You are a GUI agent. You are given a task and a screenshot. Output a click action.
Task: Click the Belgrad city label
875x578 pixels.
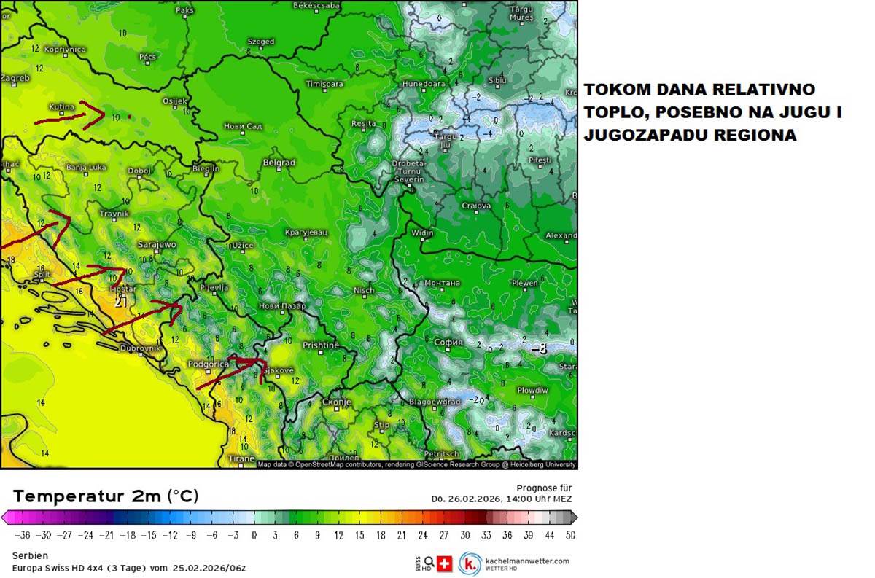click(x=279, y=163)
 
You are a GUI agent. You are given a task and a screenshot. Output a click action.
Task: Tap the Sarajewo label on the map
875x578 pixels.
click(x=157, y=245)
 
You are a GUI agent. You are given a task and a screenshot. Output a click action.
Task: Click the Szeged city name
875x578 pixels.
click(x=260, y=42)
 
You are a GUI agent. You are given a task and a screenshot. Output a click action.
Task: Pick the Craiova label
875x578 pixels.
click(x=476, y=206)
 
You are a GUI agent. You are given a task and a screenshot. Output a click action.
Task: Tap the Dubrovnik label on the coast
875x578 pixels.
click(x=140, y=348)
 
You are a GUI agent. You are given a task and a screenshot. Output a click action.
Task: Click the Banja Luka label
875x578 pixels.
click(x=86, y=168)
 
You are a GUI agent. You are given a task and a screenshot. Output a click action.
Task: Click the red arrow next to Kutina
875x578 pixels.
click(x=91, y=114)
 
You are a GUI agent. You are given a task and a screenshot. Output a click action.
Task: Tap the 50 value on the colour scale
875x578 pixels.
click(x=569, y=535)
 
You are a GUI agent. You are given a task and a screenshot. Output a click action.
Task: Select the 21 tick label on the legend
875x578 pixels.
click(x=401, y=535)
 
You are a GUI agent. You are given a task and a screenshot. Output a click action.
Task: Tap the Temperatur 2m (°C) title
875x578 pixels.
click(x=105, y=496)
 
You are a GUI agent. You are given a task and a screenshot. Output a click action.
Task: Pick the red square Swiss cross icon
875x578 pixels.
click(x=444, y=563)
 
